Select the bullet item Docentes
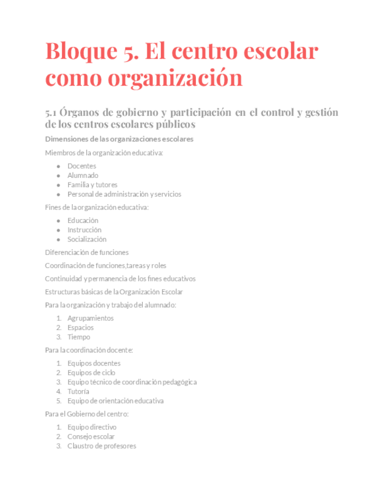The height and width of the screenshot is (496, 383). coord(82,166)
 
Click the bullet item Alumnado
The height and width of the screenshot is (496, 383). coord(82,175)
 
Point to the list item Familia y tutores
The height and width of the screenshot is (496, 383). coord(92,184)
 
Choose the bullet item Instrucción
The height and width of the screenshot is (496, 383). coord(84,230)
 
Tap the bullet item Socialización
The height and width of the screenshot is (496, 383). coord(87,239)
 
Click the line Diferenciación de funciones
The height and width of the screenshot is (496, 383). coord(87,252)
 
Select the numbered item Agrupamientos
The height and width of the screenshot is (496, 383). coord(90,318)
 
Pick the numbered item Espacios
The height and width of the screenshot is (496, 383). coord(80,328)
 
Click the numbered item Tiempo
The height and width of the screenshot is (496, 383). coord(78,337)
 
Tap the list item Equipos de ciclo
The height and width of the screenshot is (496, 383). coord(91,373)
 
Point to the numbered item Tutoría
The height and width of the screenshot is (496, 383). coord(78,391)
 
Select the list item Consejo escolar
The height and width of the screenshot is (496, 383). coord(91,436)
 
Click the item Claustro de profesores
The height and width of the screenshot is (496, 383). coord(102,446)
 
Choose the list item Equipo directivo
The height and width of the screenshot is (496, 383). coord(92,427)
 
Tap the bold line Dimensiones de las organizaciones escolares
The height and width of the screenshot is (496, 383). coord(119,139)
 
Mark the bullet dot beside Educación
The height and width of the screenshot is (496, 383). coord(58,221)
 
